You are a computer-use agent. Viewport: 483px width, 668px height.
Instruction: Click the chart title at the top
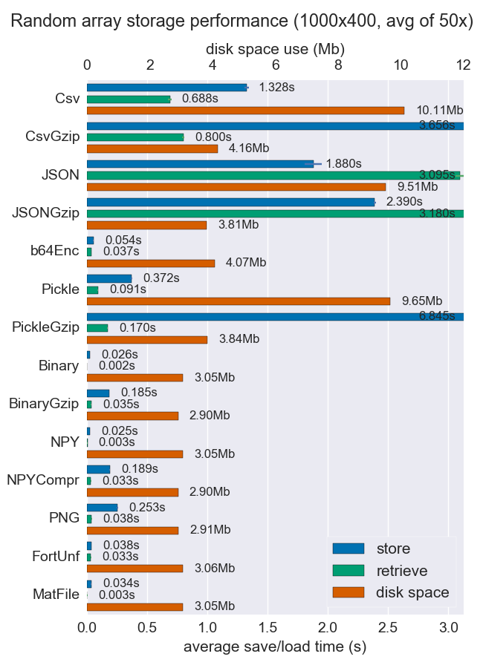coord(241,21)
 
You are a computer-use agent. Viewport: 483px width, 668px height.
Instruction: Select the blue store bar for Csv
coord(166,88)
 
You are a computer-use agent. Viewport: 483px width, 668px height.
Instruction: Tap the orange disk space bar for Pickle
coord(239,301)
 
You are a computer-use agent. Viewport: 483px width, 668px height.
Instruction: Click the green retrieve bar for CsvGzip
coord(135,137)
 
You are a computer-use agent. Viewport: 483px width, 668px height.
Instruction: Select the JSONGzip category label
coord(45,213)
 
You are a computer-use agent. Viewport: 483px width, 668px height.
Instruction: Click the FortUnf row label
coord(56,557)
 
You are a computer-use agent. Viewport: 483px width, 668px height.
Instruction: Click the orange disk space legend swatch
coord(349,592)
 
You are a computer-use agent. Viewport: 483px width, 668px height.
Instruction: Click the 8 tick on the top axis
coord(338,65)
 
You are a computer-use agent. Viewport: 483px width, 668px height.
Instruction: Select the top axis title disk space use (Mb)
coord(275,49)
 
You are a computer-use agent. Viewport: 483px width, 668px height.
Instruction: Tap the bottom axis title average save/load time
coord(275,647)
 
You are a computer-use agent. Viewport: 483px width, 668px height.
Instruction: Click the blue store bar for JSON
coord(200,164)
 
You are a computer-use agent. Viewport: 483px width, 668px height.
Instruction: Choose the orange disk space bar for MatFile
coord(134,607)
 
